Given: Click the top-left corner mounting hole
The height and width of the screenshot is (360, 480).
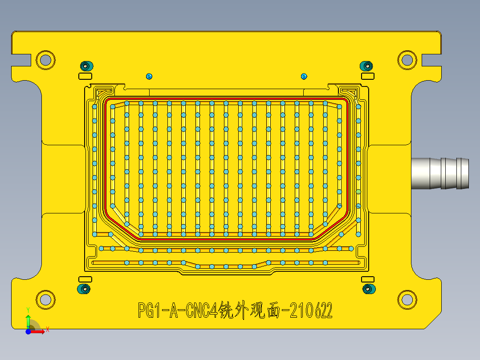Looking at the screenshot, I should [x=45, y=59].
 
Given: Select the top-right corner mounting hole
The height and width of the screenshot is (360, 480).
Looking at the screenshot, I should [x=407, y=59].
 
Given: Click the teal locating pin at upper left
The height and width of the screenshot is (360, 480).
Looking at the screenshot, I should [x=85, y=66].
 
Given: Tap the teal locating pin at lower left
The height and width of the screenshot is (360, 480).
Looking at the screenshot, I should [x=83, y=289].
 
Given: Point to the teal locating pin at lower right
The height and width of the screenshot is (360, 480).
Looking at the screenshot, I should [x=368, y=289].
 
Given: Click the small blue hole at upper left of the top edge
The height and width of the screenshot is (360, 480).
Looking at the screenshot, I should [x=149, y=76].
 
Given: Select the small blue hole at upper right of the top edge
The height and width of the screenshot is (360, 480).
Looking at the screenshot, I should [x=304, y=76].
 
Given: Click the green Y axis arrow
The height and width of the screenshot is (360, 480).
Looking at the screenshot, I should [x=28, y=320].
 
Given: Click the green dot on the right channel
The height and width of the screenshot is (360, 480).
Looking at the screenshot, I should [x=358, y=192].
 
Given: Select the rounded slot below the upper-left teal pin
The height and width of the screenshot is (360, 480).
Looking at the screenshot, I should [x=85, y=76].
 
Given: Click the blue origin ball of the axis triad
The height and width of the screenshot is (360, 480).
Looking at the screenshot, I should [x=28, y=331].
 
